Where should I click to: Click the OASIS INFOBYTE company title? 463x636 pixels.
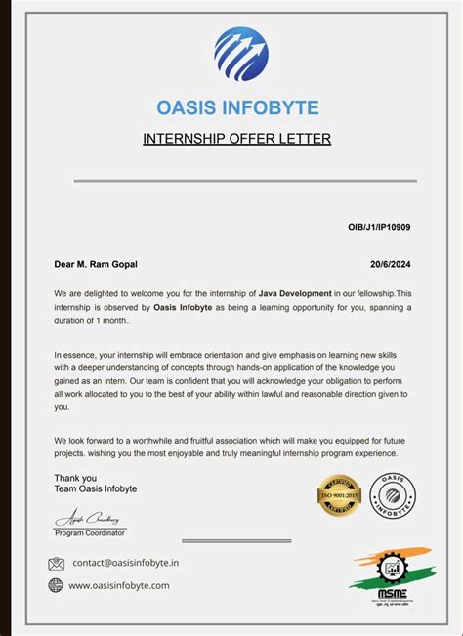pos(237,107)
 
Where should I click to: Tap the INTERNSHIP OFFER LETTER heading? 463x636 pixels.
pos(237,139)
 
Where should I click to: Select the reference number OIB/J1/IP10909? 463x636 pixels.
pos(379,227)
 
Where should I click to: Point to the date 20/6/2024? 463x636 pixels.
pos(391,264)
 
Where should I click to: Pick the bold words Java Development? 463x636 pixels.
pos(295,293)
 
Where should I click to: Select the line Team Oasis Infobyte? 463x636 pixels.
pos(95,488)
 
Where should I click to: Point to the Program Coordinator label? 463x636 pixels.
pos(90,533)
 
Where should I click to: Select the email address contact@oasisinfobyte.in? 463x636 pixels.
pos(125,563)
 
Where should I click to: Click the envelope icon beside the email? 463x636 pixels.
pos(56,564)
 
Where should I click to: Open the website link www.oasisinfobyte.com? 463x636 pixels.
pos(119,585)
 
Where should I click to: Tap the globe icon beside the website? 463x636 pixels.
pos(56,585)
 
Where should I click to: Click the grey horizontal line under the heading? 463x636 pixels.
pos(245,181)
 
